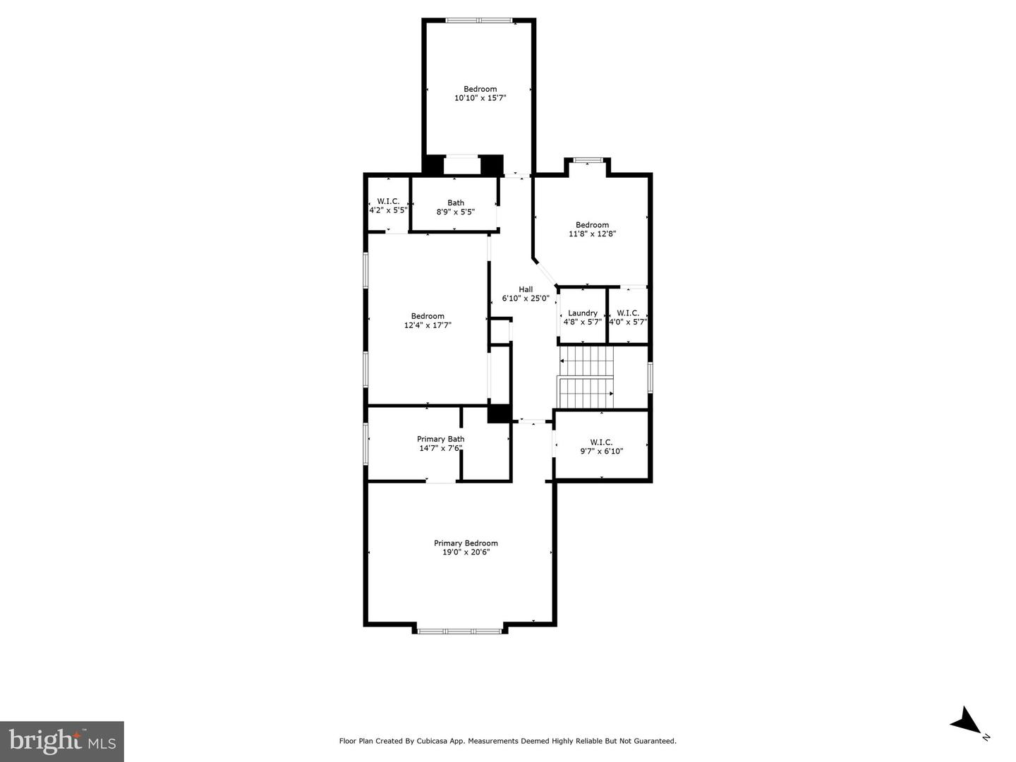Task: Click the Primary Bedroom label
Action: tap(466, 543)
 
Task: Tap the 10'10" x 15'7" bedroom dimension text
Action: tap(480, 99)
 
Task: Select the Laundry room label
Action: tap(583, 313)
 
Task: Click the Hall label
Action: tap(526, 289)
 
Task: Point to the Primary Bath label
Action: tap(440, 439)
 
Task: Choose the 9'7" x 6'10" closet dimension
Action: tap(601, 452)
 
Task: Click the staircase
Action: tap(586, 377)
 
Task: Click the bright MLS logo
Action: tap(62, 741)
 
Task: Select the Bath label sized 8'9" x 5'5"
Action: tap(456, 203)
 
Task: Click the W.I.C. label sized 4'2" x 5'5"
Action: tap(388, 202)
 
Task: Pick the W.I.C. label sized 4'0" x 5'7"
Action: tap(628, 313)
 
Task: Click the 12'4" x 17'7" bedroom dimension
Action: tap(428, 326)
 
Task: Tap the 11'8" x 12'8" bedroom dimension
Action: tap(592, 234)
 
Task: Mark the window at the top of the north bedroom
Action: tap(480, 20)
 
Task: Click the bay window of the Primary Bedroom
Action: tap(460, 631)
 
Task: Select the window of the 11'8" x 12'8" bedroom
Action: tap(587, 160)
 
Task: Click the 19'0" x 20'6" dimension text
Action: tap(466, 552)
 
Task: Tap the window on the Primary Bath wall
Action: tap(365, 443)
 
